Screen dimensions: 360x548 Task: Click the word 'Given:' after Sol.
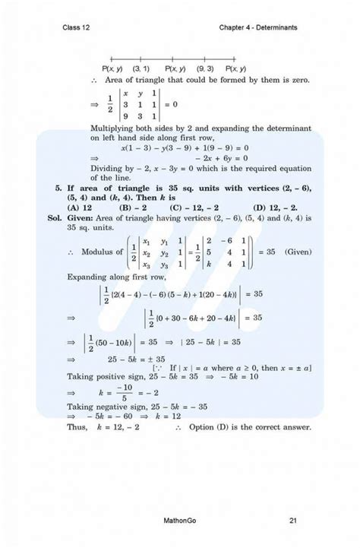point(83,217)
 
